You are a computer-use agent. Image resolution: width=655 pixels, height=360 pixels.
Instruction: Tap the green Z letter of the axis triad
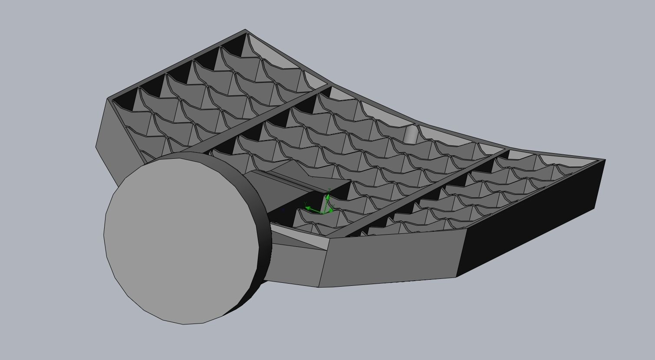[x=330, y=190]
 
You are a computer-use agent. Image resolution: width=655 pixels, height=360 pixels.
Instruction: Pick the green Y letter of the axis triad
[x=306, y=203]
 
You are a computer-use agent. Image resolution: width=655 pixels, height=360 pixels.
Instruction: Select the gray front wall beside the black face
[x=391, y=258]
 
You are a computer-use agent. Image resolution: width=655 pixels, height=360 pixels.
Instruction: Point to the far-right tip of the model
[x=605, y=160]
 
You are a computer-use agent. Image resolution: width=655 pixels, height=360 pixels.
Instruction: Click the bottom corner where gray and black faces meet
[x=456, y=277]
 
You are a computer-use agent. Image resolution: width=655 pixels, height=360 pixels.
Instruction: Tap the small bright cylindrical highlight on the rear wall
[x=410, y=134]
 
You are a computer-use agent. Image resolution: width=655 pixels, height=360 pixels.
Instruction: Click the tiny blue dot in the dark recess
[x=283, y=210]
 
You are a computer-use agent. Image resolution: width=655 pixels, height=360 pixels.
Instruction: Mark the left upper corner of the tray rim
[x=108, y=99]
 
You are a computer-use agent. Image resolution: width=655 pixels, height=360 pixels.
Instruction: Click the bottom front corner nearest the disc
[x=319, y=287]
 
